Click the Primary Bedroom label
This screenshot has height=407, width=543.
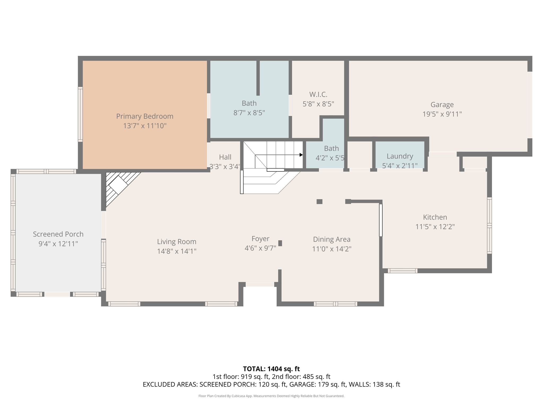(x=145, y=116)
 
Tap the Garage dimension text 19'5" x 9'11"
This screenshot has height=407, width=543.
(x=442, y=114)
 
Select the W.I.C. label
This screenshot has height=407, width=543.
(x=318, y=94)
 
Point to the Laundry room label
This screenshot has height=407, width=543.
(x=400, y=156)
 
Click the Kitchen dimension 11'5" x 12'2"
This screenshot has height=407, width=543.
(x=435, y=227)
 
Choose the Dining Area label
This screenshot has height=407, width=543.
(x=332, y=239)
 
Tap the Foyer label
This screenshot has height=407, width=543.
(x=260, y=239)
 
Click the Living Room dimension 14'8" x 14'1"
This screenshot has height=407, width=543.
(x=177, y=251)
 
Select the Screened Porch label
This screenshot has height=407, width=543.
(x=58, y=234)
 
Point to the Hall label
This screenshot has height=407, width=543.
(x=225, y=157)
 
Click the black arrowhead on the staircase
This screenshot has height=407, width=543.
(x=301, y=155)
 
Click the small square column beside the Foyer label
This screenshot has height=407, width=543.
(x=280, y=243)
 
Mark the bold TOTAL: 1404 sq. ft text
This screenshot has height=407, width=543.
(x=271, y=369)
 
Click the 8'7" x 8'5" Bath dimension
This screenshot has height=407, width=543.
(x=249, y=113)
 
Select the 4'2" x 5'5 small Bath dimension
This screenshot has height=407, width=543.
(x=330, y=158)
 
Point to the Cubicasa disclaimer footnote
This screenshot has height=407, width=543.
(x=271, y=396)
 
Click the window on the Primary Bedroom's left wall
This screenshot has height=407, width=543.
(x=80, y=114)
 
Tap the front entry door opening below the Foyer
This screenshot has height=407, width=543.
(x=260, y=284)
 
